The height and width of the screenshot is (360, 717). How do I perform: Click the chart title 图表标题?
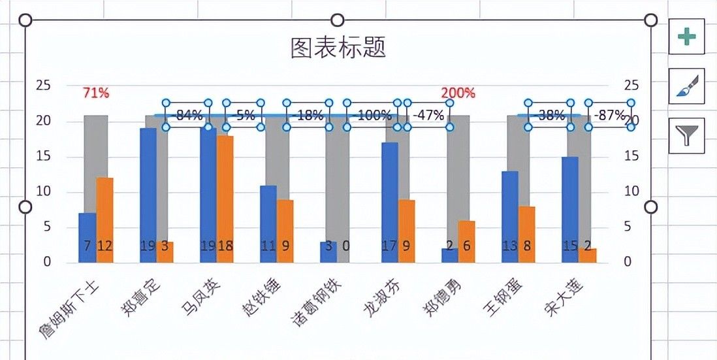coord(338,48)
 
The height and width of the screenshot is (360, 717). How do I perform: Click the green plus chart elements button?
coord(686,37)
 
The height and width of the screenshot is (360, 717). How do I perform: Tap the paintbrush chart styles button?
coord(686,86)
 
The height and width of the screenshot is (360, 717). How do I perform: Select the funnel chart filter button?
coord(686,135)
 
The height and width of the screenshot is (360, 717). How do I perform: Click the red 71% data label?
coord(96,93)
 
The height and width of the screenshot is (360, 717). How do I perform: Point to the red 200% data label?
coord(458,93)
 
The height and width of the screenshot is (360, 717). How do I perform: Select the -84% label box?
coord(187,116)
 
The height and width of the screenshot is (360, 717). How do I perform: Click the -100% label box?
coord(370,116)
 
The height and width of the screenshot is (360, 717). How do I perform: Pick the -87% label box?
coord(609,116)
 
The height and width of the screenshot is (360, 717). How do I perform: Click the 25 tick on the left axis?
coord(43,85)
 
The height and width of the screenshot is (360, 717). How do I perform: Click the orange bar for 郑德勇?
coord(466,242)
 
